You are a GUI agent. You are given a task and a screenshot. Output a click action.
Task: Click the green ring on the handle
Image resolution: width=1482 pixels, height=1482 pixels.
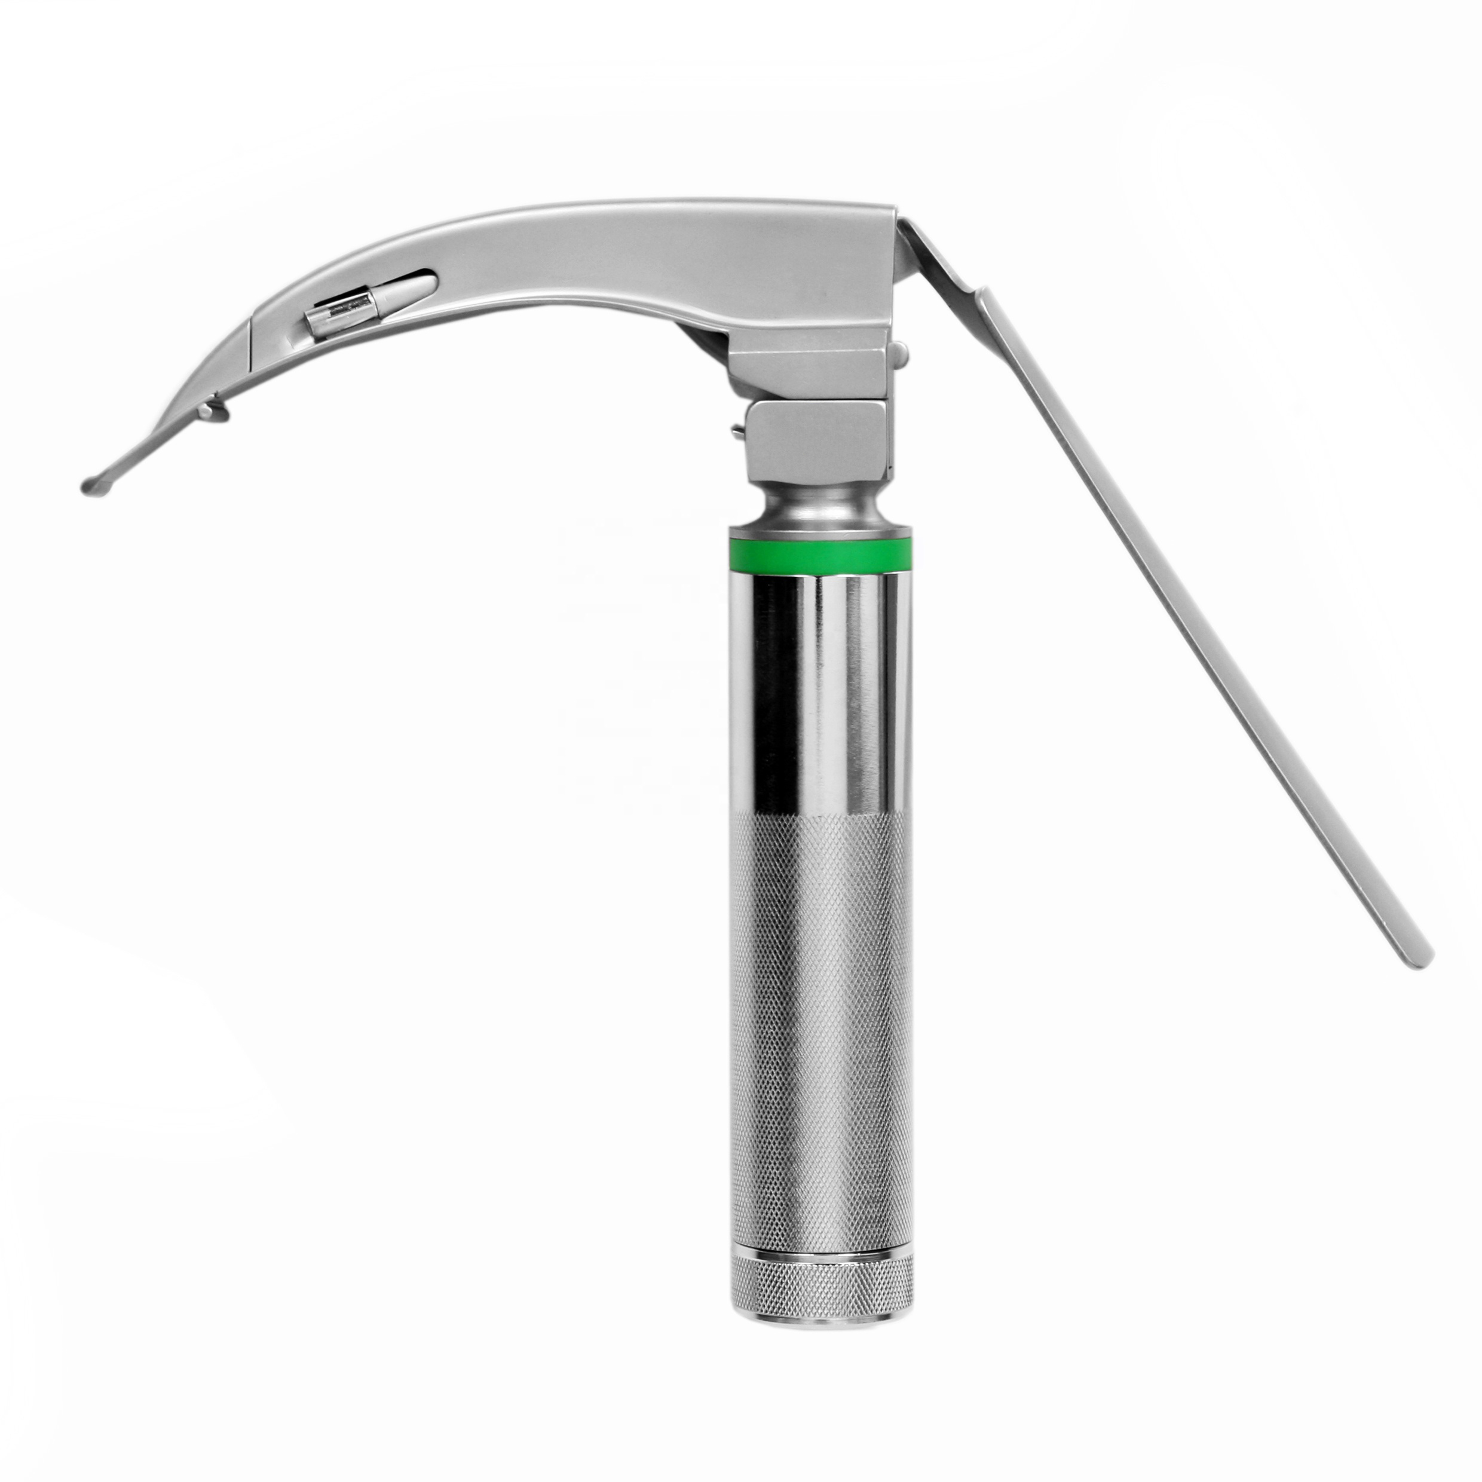click(820, 553)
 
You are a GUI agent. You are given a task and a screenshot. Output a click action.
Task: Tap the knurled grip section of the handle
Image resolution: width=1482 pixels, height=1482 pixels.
click(820, 997)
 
